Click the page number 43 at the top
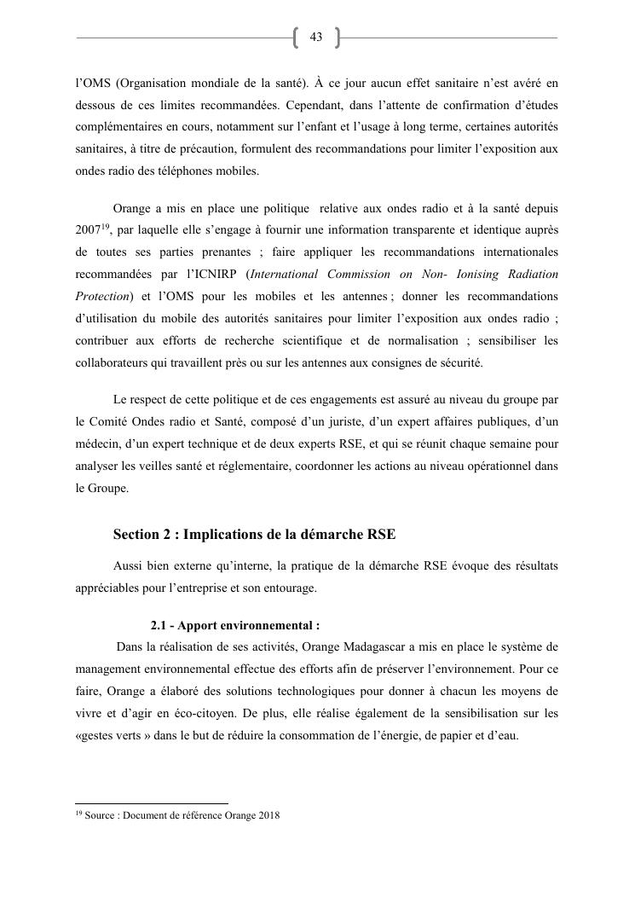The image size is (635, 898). pos(316,38)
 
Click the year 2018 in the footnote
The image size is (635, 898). pos(268,815)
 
